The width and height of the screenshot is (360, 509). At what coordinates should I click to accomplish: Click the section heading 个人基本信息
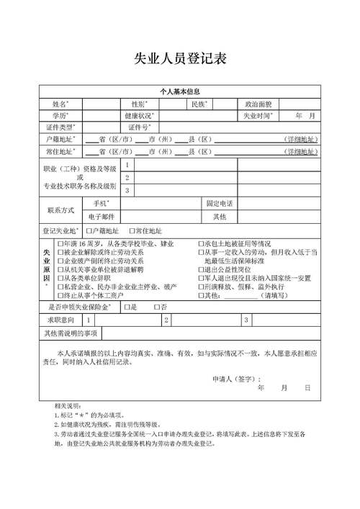(180, 91)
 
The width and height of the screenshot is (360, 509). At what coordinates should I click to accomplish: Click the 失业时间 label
(257, 115)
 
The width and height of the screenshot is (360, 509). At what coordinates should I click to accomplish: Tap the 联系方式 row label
(60, 210)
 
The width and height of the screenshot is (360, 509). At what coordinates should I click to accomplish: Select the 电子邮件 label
(102, 216)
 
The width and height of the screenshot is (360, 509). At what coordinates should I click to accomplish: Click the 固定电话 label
(220, 204)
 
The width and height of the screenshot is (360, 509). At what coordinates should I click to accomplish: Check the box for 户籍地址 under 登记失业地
(89, 231)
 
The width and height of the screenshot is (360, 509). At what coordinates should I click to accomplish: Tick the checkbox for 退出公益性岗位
(201, 269)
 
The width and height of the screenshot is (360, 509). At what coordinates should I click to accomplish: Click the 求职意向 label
(60, 319)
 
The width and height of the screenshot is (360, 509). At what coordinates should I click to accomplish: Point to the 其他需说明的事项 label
(71, 333)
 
